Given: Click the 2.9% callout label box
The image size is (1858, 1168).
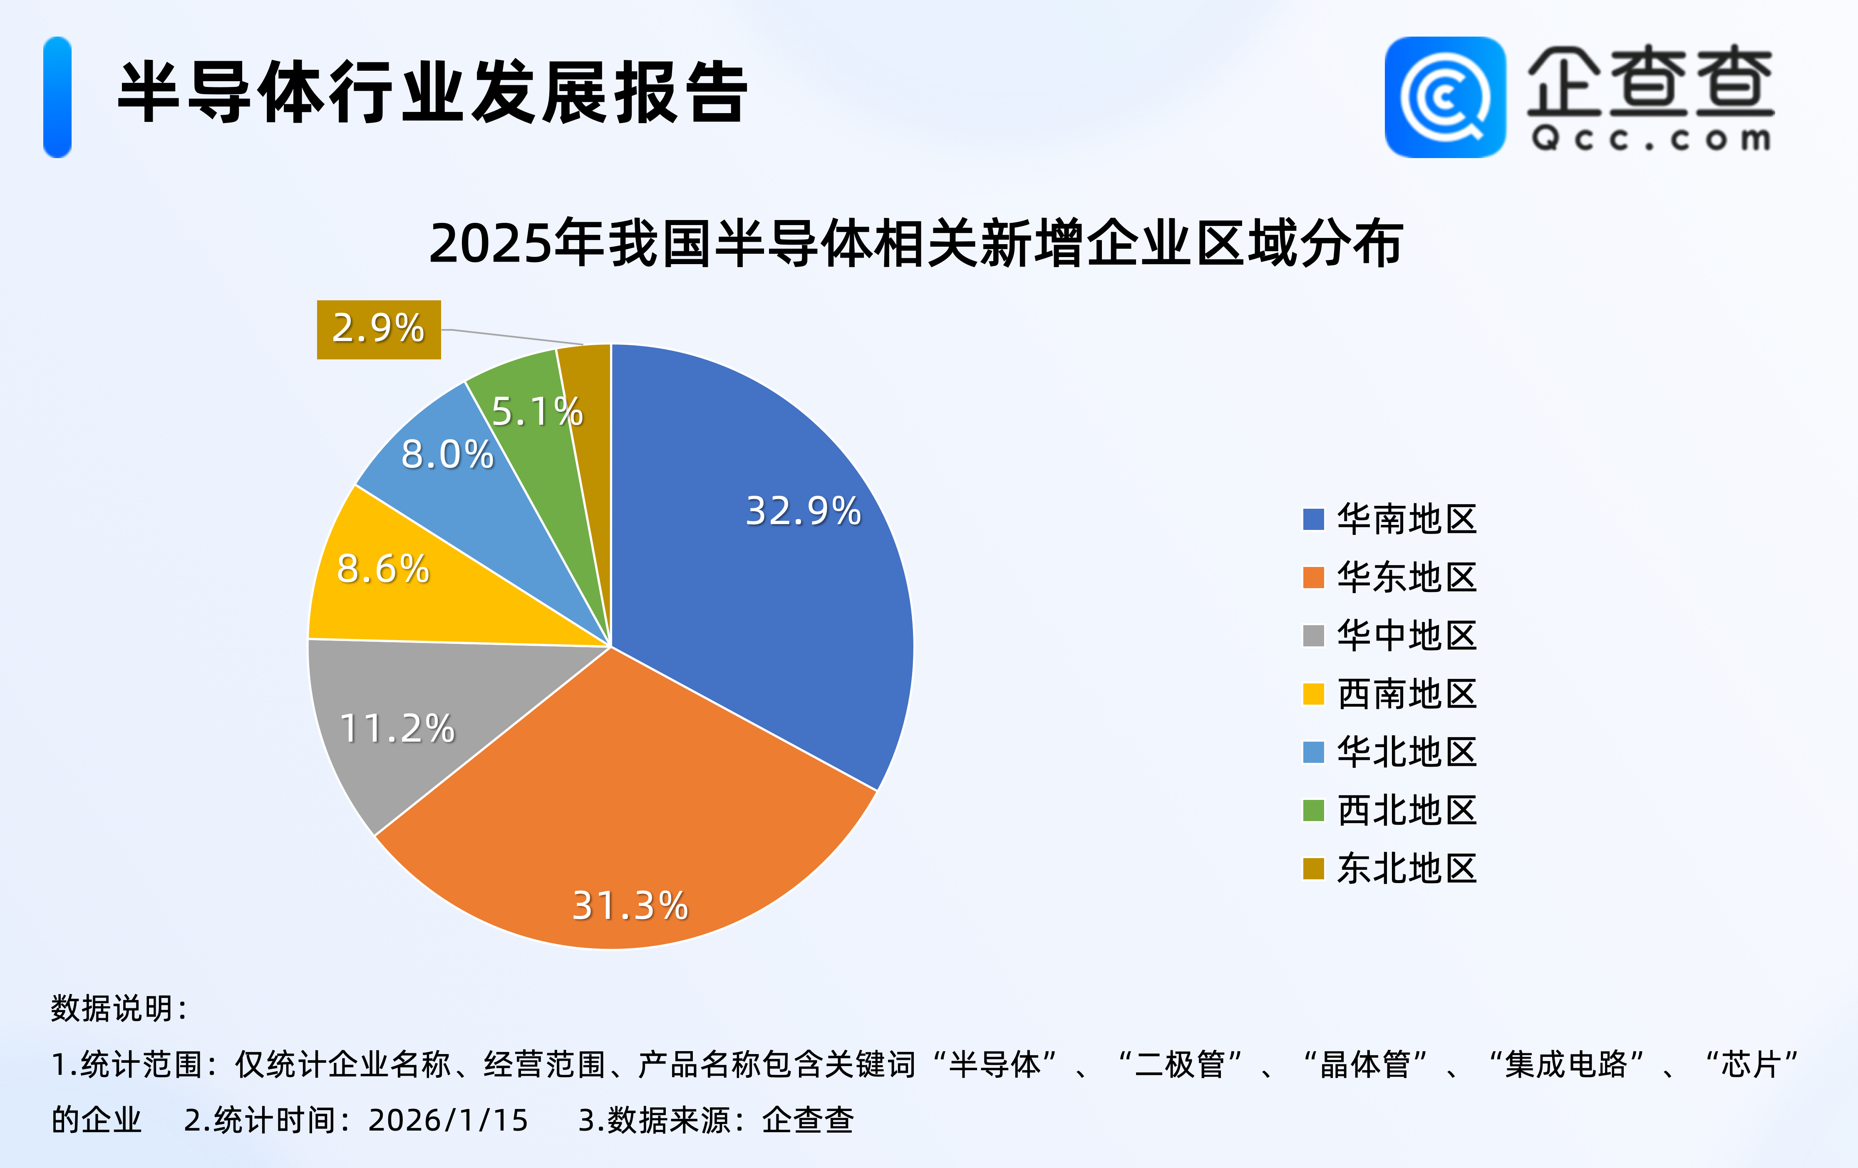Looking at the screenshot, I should tap(379, 329).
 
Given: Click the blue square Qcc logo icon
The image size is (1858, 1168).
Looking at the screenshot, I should tap(1444, 97).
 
